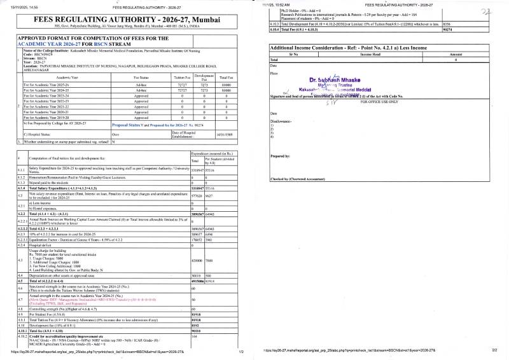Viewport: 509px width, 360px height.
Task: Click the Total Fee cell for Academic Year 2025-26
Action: [x=221, y=84]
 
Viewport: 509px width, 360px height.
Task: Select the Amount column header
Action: [x=469, y=55]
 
